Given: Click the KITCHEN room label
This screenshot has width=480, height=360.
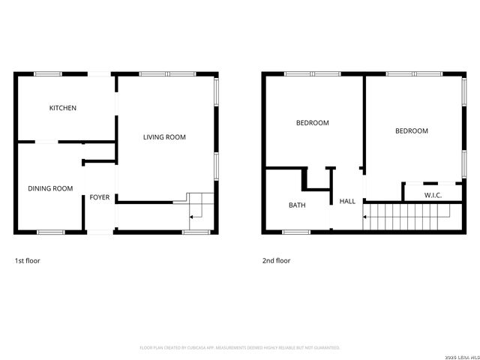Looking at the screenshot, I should [x=63, y=108].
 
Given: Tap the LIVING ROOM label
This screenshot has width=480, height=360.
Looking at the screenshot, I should [x=164, y=137].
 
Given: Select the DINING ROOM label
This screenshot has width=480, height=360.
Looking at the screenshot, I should [x=50, y=188].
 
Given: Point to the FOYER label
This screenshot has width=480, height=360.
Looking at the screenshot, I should [x=100, y=197].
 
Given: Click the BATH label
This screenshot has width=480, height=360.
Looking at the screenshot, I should [x=297, y=205].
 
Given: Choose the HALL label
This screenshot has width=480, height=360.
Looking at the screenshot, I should [x=347, y=201].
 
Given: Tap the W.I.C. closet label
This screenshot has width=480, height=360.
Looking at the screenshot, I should [x=433, y=195].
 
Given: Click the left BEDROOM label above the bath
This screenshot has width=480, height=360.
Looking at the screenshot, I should [x=312, y=122].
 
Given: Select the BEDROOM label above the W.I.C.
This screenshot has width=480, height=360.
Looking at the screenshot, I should [x=412, y=130].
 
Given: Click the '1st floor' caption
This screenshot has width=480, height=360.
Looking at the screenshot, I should [x=28, y=260].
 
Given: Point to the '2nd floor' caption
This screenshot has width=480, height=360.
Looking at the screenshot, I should [x=276, y=260].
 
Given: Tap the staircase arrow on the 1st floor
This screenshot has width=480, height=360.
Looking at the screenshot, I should [x=193, y=216].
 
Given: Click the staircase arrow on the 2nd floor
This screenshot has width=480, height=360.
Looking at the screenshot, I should [x=365, y=217].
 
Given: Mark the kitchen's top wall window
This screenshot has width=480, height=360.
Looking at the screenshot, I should [x=48, y=73].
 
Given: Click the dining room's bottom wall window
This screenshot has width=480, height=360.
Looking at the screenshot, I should [x=51, y=232].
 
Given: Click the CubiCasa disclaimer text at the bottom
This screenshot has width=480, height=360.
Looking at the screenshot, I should [x=240, y=347].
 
